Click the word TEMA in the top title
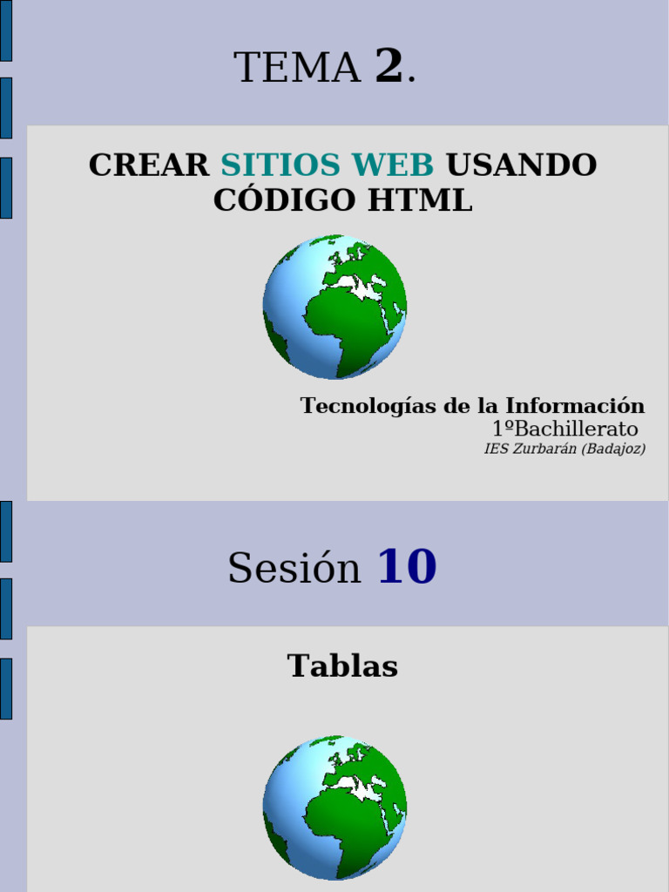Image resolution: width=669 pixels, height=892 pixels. (x=297, y=69)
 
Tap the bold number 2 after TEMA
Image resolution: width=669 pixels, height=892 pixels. (x=389, y=66)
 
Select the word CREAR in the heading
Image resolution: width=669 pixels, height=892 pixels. (x=149, y=165)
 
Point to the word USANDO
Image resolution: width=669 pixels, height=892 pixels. (x=521, y=165)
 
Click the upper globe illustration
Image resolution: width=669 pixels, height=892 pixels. (x=334, y=307)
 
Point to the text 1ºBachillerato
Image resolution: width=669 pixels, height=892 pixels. (x=564, y=429)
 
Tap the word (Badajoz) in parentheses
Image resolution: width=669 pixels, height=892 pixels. (x=614, y=449)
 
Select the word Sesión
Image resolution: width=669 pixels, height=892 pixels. (x=294, y=569)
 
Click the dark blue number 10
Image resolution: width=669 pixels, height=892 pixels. (x=406, y=567)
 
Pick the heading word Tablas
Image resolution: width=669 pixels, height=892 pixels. (x=342, y=666)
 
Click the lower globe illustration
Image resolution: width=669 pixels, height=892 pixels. (x=334, y=808)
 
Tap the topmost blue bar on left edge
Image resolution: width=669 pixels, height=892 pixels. (x=5, y=30)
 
